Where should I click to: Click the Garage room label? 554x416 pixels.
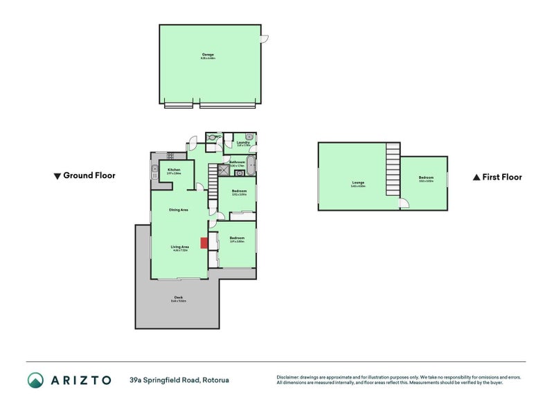click(208, 54)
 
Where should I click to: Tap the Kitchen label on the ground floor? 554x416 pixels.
click(174, 170)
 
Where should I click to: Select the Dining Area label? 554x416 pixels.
click(179, 209)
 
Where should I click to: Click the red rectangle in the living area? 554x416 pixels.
click(204, 243)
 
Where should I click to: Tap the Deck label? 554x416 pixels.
click(178, 298)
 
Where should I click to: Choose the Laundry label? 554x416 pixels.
click(243, 143)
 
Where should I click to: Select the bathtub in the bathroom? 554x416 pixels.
click(251, 166)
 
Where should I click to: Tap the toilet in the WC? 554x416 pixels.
click(211, 137)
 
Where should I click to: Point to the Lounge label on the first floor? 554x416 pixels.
click(358, 184)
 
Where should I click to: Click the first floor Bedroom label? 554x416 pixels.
click(425, 178)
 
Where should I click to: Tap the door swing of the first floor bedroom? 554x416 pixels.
click(405, 203)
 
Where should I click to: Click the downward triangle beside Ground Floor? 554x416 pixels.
click(57, 176)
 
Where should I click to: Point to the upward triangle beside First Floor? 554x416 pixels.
click(476, 177)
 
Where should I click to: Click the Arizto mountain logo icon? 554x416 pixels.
click(35, 380)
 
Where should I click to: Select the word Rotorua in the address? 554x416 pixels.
click(216, 380)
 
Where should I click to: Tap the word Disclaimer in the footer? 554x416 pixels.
click(289, 377)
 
